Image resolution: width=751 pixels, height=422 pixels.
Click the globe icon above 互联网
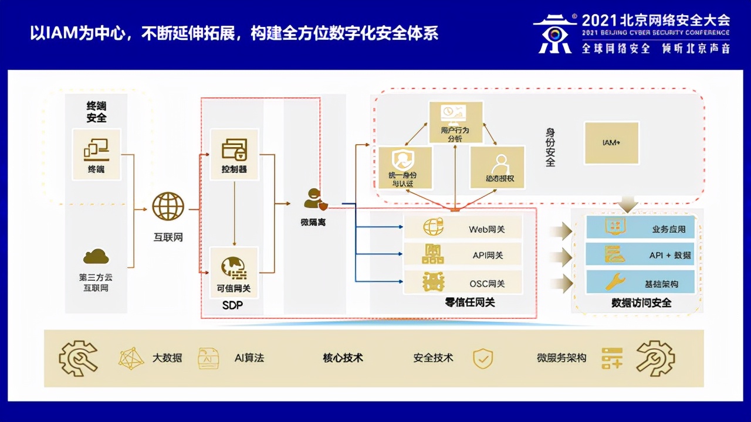tap(168, 207)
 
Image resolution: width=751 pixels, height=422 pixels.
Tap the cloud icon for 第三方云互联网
tap(97, 256)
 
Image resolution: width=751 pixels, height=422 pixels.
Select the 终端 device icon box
tap(97, 154)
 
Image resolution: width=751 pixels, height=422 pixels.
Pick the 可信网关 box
tap(234, 272)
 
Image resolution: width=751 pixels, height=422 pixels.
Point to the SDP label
tap(232, 305)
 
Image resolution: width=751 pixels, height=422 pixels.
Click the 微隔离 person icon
tap(313, 200)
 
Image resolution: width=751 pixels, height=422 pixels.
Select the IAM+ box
tap(611, 142)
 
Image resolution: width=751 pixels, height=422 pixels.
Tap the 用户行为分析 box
tap(455, 122)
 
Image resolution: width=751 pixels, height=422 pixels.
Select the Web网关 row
tap(463, 228)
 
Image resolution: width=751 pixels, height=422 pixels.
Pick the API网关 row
tap(463, 255)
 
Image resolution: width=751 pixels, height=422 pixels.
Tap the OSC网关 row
tap(463, 283)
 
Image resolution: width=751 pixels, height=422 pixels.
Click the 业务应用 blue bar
tap(641, 228)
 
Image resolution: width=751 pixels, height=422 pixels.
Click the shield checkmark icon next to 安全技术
tap(483, 358)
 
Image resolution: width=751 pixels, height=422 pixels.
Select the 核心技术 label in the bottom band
tap(343, 358)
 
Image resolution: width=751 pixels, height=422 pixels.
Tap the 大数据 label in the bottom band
tap(167, 358)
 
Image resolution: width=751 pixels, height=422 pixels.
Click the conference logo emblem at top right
tap(554, 34)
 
